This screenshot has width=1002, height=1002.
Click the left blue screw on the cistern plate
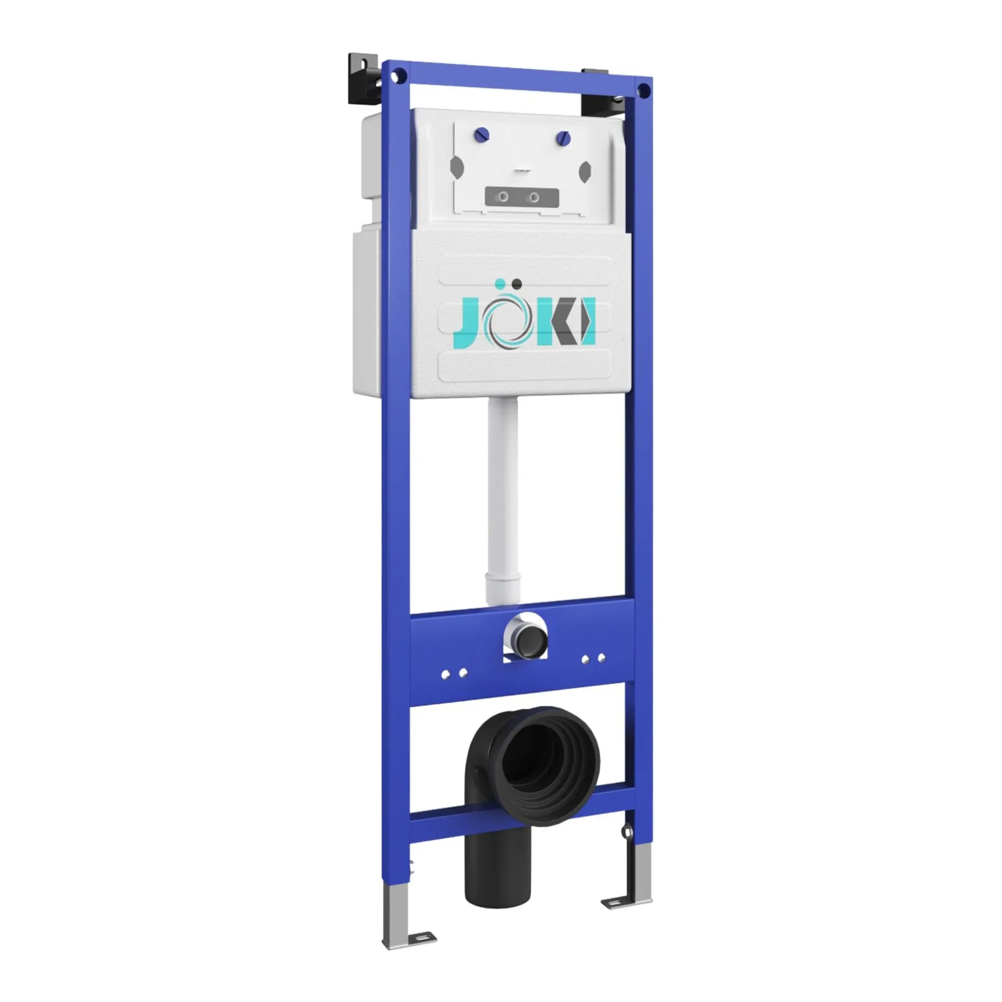click(482, 135)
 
